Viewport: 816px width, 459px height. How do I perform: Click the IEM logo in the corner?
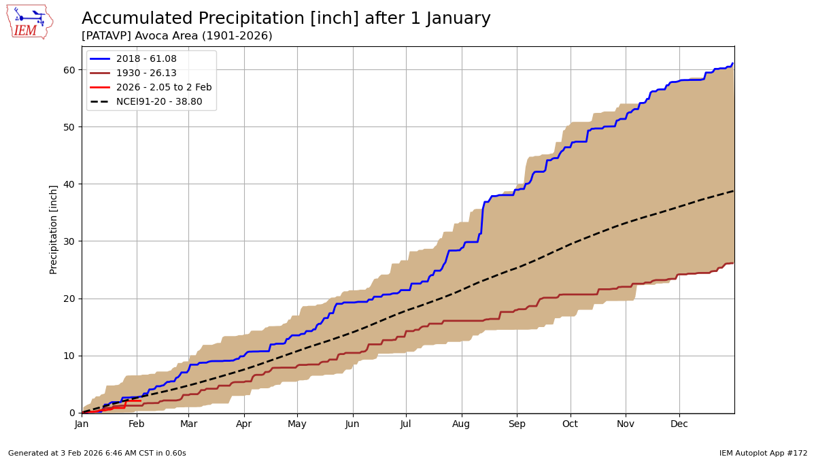click(x=29, y=21)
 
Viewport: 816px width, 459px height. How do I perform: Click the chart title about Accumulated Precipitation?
click(x=286, y=18)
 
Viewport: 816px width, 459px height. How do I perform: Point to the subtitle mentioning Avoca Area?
click(x=177, y=36)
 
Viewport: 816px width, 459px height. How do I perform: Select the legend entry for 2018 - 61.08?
click(x=146, y=59)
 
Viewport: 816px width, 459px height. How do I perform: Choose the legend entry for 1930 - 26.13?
click(x=146, y=73)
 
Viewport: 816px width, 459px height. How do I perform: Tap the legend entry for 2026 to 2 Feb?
click(x=154, y=88)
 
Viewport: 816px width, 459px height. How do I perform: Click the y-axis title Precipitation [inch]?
click(x=54, y=229)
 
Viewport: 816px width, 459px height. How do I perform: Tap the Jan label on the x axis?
click(x=82, y=424)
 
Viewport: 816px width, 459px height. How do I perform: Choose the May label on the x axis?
click(x=297, y=424)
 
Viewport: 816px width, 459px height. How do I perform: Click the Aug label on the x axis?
click(x=462, y=424)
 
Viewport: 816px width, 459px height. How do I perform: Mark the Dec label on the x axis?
click(x=679, y=424)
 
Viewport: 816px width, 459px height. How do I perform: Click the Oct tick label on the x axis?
click(x=570, y=424)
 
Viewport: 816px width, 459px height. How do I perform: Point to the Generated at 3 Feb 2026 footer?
click(x=97, y=453)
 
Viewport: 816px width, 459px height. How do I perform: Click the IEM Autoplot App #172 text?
click(x=763, y=453)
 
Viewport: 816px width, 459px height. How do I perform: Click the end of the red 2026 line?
click(x=140, y=401)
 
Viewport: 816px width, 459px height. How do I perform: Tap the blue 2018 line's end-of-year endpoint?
click(x=732, y=63)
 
